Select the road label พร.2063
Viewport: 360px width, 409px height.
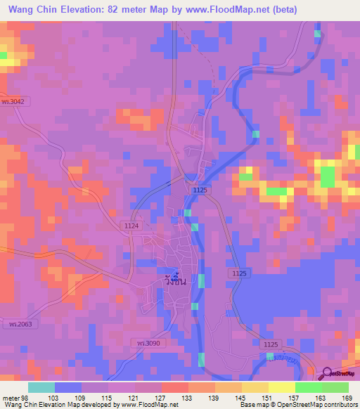12,323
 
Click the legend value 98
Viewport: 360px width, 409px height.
29,397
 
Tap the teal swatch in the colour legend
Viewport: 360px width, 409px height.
41,387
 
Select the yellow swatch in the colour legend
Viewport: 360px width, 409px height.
282,387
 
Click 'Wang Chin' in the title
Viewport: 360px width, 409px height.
34,9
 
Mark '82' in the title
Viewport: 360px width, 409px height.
121,9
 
